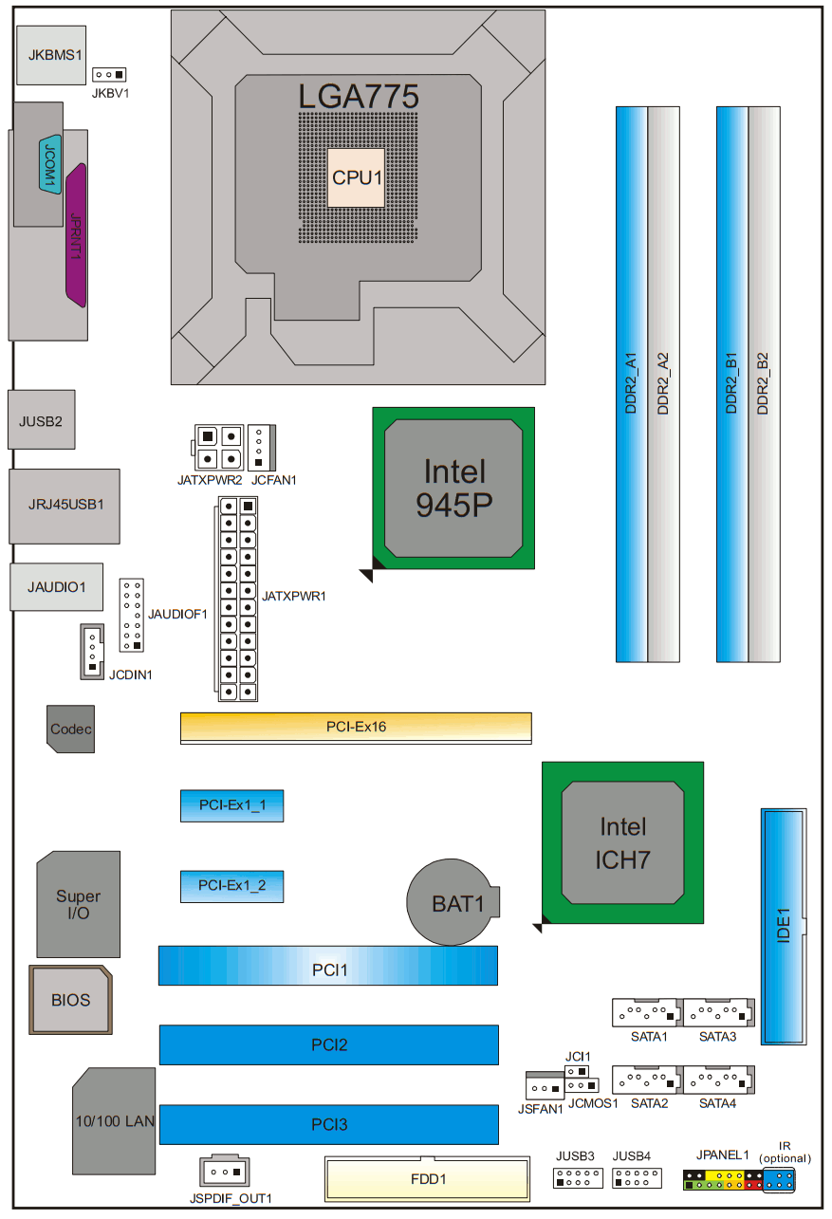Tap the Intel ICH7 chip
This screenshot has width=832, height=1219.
[621, 842]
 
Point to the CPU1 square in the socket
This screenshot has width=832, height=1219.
[356, 177]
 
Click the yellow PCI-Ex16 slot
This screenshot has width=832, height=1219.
[356, 728]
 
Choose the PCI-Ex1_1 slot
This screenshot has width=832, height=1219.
[231, 805]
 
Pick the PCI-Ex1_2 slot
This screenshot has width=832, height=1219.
[231, 885]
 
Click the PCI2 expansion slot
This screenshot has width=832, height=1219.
[328, 1044]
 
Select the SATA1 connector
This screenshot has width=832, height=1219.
[646, 1013]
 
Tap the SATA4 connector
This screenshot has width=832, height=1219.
[717, 1080]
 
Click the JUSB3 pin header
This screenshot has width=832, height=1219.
[576, 1178]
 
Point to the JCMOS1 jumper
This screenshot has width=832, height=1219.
[579, 1085]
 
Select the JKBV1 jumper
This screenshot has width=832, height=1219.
[110, 74]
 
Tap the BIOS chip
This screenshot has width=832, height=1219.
[71, 999]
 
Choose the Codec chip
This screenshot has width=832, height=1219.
[71, 729]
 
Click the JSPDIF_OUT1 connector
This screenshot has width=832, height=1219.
[225, 1169]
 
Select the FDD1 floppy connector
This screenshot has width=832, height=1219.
[428, 1179]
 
